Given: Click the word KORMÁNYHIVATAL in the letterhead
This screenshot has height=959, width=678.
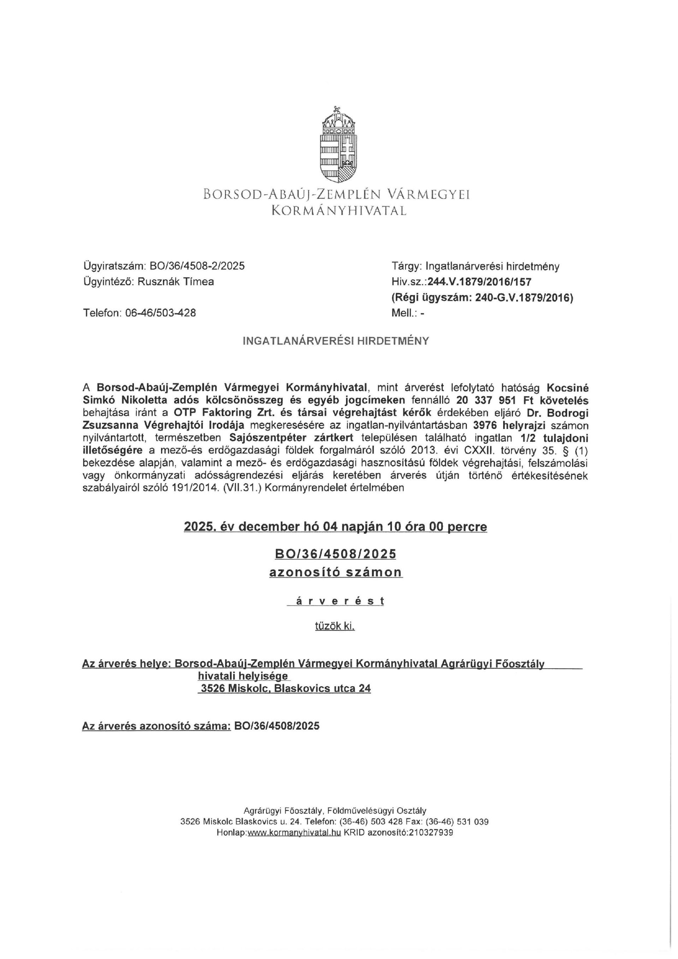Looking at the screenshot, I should pos(339,211).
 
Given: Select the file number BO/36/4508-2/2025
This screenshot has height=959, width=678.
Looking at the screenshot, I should pos(200,266).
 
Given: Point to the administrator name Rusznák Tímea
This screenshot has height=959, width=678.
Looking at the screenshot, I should pos(176,282).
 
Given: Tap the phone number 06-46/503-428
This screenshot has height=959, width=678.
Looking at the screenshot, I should pos(160,312).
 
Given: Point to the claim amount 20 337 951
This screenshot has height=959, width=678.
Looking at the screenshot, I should pos(488,400).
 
